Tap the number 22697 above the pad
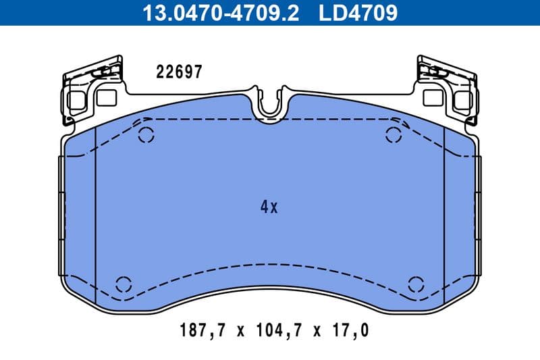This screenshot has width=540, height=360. [179, 72]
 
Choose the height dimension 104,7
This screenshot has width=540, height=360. [278, 330]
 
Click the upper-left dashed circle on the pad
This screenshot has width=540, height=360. [146, 134]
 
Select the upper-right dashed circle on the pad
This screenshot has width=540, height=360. [393, 134]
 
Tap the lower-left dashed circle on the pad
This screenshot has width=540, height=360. [124, 284]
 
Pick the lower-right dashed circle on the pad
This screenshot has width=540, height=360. [416, 284]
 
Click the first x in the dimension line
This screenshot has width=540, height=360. [239, 331]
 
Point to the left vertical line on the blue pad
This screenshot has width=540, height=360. [97, 216]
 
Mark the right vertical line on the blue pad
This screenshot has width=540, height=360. [443, 216]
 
